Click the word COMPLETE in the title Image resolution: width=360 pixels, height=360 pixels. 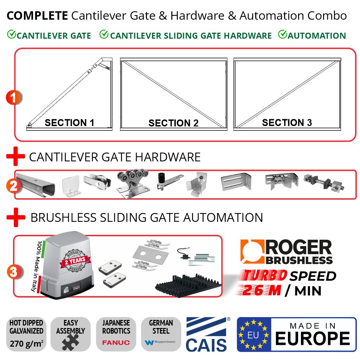click(x=37, y=15)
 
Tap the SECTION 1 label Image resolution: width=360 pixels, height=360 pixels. click(x=69, y=123)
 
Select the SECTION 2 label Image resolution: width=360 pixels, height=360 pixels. click(x=173, y=123)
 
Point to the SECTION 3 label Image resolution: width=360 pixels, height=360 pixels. click(x=287, y=122)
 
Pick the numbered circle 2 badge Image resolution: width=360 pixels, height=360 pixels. click(x=14, y=185)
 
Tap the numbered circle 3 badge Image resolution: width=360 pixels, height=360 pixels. click(x=14, y=272)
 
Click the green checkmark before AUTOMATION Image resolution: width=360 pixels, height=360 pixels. click(x=283, y=34)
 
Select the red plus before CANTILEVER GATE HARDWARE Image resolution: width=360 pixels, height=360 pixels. click(x=15, y=157)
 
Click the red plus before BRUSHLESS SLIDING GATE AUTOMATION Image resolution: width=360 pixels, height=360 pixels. click(x=15, y=218)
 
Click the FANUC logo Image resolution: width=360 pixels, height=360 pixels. click(x=116, y=342)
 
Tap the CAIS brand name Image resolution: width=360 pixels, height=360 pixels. click(x=206, y=345)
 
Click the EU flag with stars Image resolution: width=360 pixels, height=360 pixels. click(x=253, y=335)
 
